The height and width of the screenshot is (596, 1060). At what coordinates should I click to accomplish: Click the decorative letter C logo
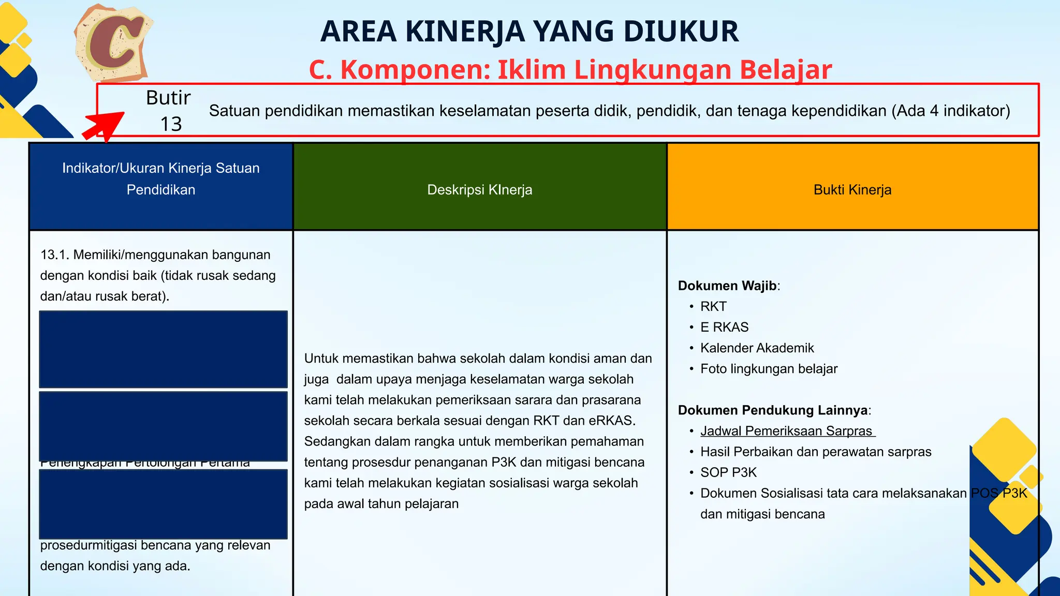(x=114, y=43)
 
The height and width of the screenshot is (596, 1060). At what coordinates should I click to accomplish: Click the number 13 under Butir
(x=171, y=124)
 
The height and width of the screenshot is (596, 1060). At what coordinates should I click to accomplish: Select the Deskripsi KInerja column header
(x=479, y=189)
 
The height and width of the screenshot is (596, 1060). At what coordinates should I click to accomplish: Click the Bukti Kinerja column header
(x=852, y=189)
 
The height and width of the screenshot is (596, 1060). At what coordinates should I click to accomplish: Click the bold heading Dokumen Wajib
(x=727, y=286)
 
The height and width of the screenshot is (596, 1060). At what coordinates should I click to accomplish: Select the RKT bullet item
(x=713, y=306)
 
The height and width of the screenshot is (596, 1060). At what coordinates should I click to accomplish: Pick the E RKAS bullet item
(x=724, y=327)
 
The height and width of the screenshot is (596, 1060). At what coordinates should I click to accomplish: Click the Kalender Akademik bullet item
(x=757, y=348)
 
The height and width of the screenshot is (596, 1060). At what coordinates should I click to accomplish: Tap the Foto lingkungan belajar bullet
(x=769, y=368)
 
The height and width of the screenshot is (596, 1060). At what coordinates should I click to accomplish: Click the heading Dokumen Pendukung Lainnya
(x=773, y=410)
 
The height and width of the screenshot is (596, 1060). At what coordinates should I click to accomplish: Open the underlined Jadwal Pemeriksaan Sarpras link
(x=787, y=431)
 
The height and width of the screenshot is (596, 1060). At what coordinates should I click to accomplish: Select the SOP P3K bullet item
(x=728, y=472)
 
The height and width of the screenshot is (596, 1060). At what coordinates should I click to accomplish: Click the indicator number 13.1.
(x=54, y=255)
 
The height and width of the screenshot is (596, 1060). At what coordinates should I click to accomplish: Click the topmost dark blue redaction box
(x=163, y=349)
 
